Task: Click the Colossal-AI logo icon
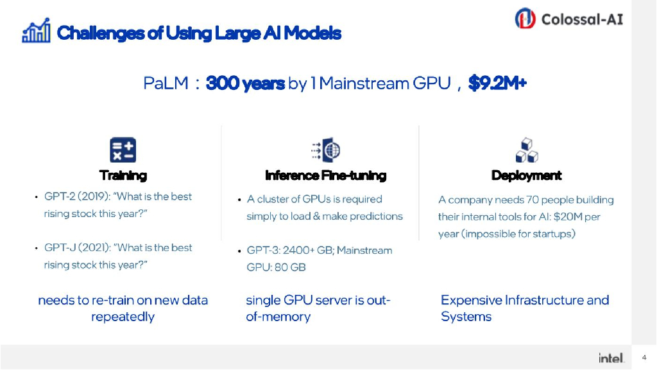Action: click(x=525, y=19)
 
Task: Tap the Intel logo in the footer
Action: click(x=611, y=358)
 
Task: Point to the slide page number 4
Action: click(x=644, y=358)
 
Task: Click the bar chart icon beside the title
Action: click(x=36, y=33)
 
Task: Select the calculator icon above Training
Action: click(x=123, y=150)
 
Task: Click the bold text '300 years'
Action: click(x=245, y=84)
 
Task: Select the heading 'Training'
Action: click(x=123, y=175)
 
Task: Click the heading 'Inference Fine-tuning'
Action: click(x=325, y=175)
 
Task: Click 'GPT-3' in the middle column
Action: click(x=262, y=251)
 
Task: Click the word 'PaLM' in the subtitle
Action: click(x=166, y=84)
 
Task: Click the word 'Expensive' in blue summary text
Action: click(x=471, y=300)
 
